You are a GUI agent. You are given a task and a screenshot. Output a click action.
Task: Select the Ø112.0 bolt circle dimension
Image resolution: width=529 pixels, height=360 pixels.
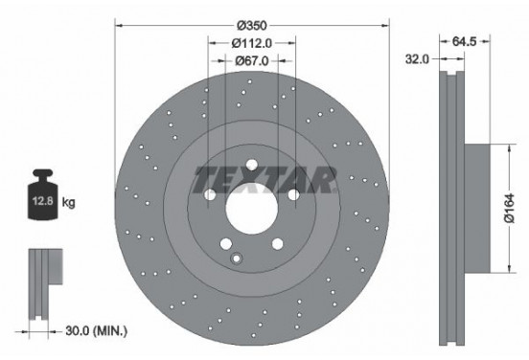(253, 42)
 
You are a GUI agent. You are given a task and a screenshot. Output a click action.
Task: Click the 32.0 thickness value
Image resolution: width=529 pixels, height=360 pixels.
(417, 59)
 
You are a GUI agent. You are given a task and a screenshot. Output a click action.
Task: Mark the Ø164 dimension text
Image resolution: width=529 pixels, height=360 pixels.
(511, 206)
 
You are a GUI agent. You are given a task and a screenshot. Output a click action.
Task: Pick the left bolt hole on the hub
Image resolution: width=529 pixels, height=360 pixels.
(210, 194)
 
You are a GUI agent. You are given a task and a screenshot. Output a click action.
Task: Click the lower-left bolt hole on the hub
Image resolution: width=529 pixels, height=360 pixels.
(226, 243)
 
